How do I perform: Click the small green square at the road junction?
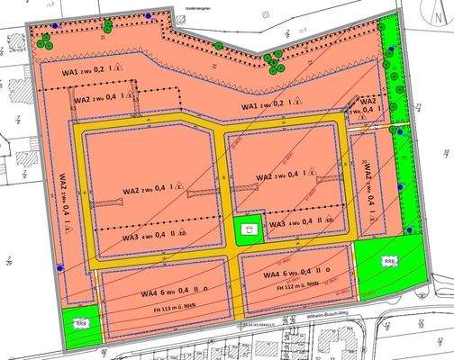pyautogui.click(x=248, y=229)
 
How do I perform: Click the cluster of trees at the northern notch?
pyautogui.click(x=274, y=60)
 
